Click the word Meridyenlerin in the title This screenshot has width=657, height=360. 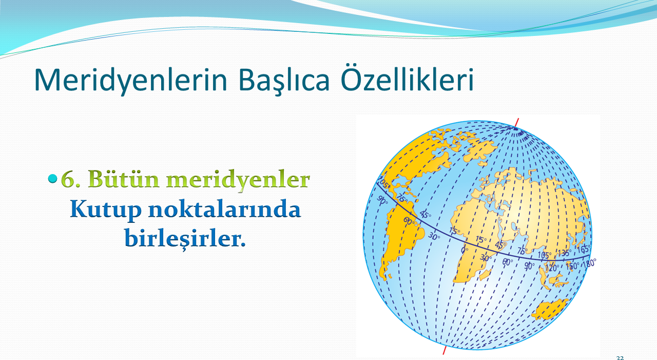131,80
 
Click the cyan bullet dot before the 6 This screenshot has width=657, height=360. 52,178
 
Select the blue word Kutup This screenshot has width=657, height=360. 106,210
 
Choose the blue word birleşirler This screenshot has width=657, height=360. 185,239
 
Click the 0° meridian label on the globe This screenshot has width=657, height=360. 465,250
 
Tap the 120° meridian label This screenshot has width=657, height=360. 551,268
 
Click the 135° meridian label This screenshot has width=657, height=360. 564,253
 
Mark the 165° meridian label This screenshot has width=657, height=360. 584,249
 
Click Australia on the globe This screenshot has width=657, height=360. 549,309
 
